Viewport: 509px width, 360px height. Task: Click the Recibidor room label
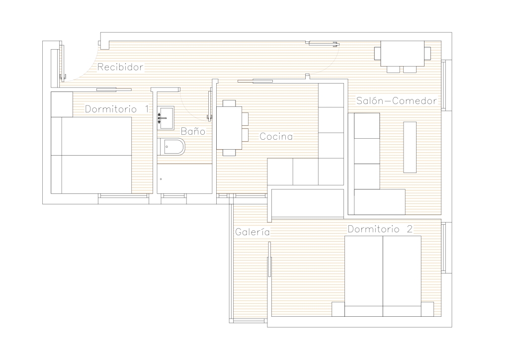click(x=120, y=67)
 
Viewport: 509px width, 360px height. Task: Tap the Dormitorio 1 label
click(x=117, y=109)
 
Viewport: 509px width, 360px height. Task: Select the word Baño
click(x=193, y=131)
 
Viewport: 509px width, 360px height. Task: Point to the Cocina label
click(x=276, y=136)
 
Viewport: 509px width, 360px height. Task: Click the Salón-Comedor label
click(x=397, y=100)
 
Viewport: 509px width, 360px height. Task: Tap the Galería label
click(x=253, y=232)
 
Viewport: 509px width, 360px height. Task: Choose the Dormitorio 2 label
click(x=380, y=229)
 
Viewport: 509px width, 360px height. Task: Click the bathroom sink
click(x=166, y=118)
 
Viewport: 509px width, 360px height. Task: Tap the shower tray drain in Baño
click(x=161, y=179)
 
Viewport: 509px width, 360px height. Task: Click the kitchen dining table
click(x=229, y=128)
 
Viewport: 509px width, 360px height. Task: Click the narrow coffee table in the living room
click(x=410, y=147)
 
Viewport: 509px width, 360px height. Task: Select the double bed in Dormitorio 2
click(x=383, y=276)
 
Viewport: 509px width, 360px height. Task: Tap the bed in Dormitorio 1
click(x=91, y=155)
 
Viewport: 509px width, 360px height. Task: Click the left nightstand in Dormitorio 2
click(x=338, y=309)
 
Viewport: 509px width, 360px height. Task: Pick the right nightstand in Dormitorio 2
click(x=427, y=309)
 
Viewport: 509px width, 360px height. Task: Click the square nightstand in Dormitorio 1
click(x=62, y=104)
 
